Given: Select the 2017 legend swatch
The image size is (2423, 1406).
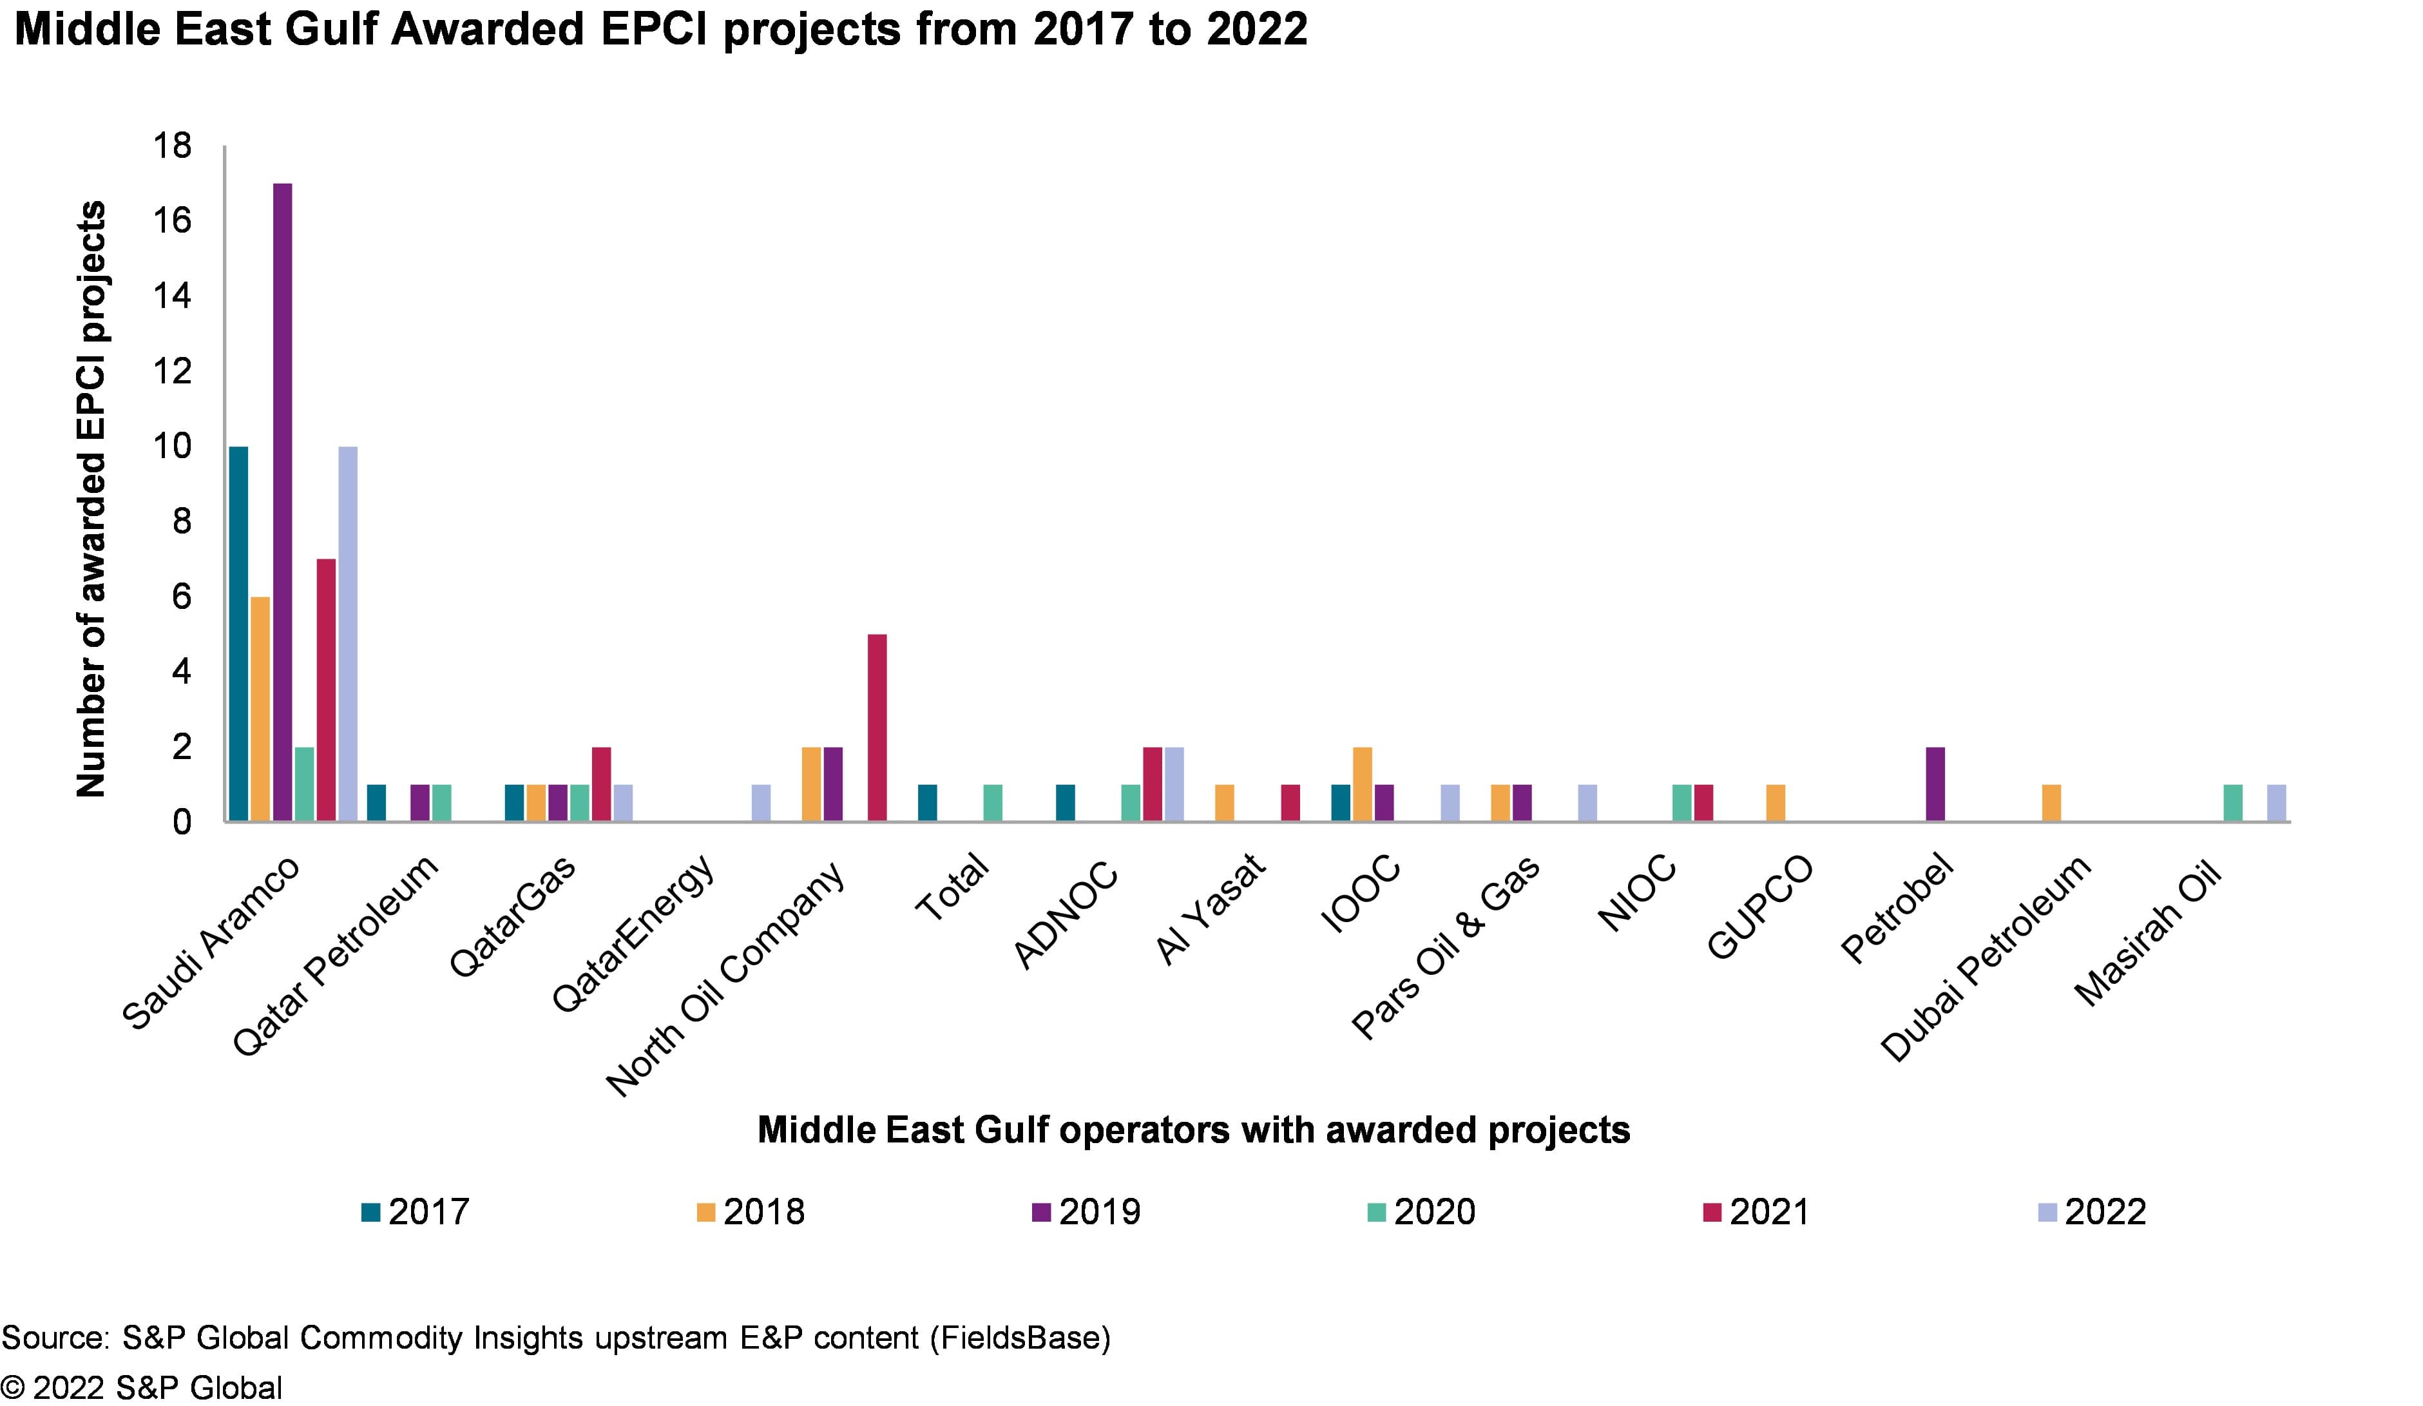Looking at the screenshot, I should [371, 1213].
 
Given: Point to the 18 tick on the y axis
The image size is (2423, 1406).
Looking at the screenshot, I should [173, 146].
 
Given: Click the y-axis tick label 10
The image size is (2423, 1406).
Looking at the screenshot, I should [173, 447].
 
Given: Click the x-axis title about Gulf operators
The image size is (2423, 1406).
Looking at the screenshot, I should [1193, 1130].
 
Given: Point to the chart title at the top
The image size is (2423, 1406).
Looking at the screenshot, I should [662, 29].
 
